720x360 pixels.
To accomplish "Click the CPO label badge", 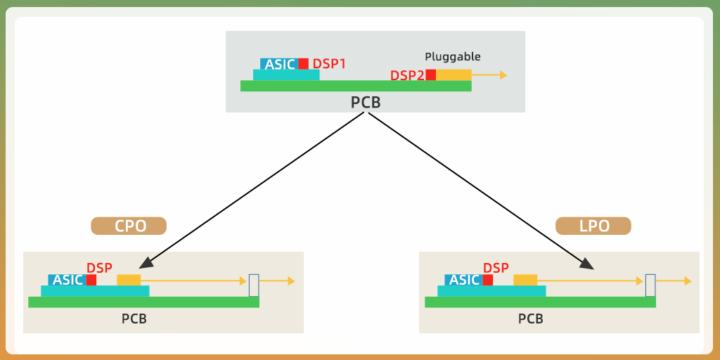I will (129, 226).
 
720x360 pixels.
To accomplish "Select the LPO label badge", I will (593, 226).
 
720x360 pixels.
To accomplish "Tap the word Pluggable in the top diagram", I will (453, 57).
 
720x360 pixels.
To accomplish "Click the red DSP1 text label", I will (329, 64).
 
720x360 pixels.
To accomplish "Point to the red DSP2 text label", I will (407, 75).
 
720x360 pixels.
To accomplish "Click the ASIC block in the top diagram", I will (280, 64).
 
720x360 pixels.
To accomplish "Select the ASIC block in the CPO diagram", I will (67, 280).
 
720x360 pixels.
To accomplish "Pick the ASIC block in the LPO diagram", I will (464, 280).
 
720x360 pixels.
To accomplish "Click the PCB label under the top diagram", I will (366, 103).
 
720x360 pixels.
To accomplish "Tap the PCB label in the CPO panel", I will (134, 319).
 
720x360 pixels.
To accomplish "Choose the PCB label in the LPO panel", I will (531, 319).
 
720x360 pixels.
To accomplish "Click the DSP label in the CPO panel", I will (99, 268).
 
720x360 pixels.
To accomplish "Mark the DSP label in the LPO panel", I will (496, 268).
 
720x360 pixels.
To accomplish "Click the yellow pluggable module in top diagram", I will (454, 75).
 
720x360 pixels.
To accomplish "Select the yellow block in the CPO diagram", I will (129, 280).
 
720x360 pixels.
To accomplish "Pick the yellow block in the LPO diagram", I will (525, 280).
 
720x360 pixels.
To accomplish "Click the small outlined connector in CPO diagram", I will (254, 285).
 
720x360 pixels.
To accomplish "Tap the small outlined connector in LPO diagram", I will (650, 285).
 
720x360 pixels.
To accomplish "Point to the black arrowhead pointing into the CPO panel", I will (146, 264).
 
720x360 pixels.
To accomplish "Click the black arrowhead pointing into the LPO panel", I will (587, 264).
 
